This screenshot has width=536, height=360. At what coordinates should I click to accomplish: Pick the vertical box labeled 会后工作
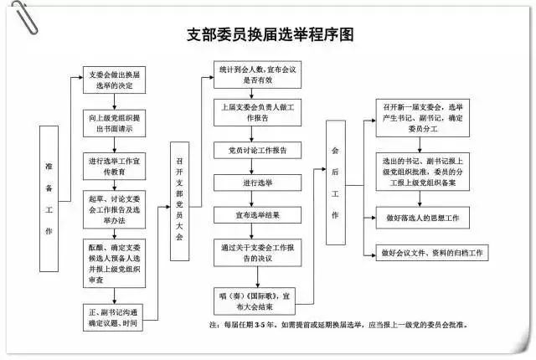(x=335, y=182)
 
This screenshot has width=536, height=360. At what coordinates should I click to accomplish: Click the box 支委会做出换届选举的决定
(x=116, y=81)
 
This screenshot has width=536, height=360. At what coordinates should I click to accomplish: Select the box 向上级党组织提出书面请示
(x=116, y=124)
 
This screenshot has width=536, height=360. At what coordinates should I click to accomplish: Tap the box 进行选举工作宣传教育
(x=116, y=165)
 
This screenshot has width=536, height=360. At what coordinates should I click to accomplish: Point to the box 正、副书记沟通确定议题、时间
(x=116, y=316)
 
